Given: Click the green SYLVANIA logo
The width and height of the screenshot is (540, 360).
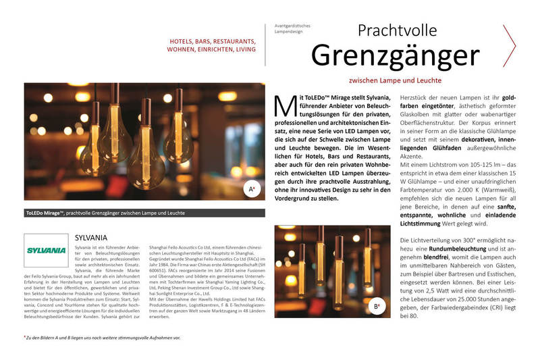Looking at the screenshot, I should click(45, 250).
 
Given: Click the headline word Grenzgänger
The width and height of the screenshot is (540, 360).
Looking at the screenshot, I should click(395, 55).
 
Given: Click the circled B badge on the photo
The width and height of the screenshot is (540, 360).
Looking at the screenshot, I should click(377, 307).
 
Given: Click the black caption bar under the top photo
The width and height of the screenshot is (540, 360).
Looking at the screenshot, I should click(144, 213).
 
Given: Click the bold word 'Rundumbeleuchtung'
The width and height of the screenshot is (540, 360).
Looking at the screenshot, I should click(451, 251).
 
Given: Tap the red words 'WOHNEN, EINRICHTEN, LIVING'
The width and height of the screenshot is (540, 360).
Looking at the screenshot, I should click(211, 50).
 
